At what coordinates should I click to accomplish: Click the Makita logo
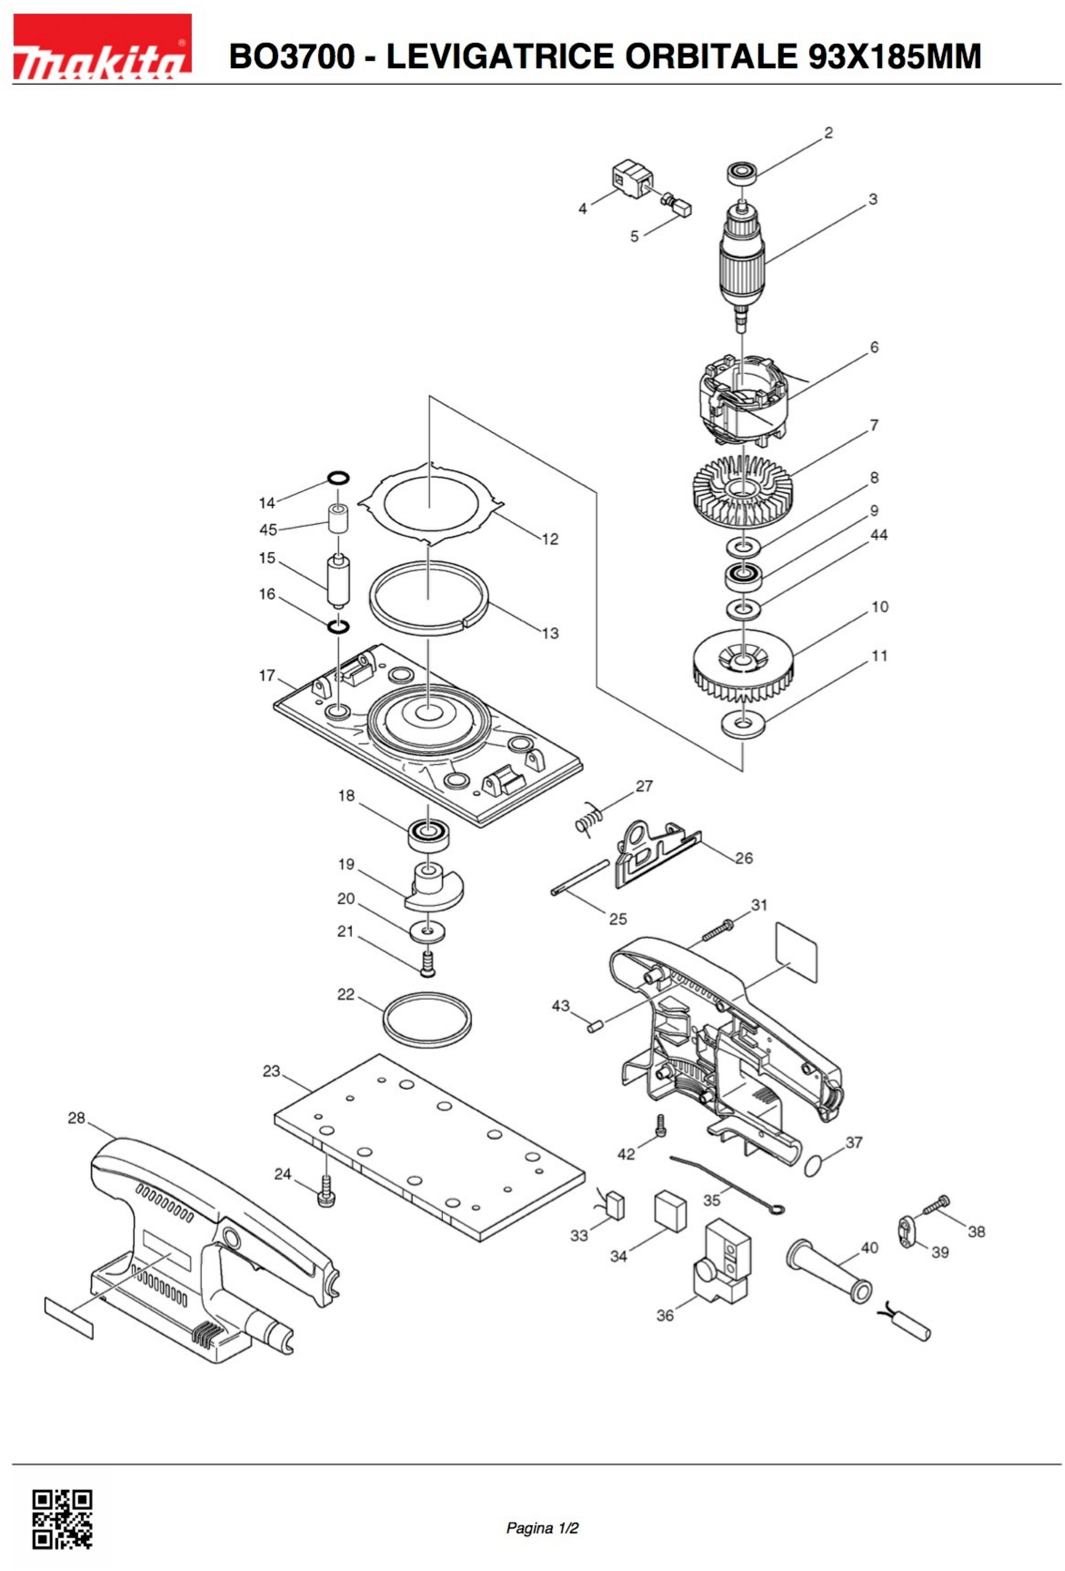click(x=102, y=46)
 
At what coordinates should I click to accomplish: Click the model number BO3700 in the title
click(x=291, y=56)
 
